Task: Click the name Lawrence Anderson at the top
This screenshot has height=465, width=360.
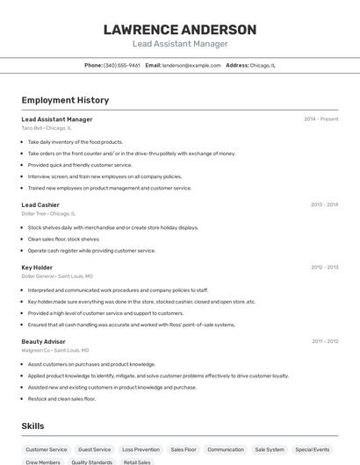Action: point(180,29)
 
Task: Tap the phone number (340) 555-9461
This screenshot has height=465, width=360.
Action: point(121,65)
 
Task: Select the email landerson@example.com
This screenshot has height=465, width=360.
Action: point(191,65)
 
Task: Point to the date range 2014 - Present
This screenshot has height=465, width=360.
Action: point(320,119)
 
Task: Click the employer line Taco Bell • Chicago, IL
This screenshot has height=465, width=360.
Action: point(47,128)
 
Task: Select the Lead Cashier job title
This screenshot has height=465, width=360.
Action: point(40,204)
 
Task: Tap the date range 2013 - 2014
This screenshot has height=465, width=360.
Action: point(324,204)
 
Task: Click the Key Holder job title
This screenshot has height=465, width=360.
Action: point(37,267)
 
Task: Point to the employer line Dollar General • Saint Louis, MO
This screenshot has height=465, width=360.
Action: point(55,275)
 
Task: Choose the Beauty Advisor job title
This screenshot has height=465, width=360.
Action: point(43,340)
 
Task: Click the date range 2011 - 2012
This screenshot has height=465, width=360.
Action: point(324,340)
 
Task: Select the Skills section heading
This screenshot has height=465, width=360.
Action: point(33,426)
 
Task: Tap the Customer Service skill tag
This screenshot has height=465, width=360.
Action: point(46,449)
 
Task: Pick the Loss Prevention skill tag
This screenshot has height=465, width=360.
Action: point(140,449)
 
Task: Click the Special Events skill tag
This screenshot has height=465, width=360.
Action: point(312,449)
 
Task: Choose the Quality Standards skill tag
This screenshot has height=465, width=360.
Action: point(92,461)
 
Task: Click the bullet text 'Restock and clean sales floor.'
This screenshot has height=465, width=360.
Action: point(61,398)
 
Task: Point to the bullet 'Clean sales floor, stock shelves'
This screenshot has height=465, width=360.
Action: point(63,239)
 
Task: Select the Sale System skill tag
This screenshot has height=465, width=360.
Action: point(270,449)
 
